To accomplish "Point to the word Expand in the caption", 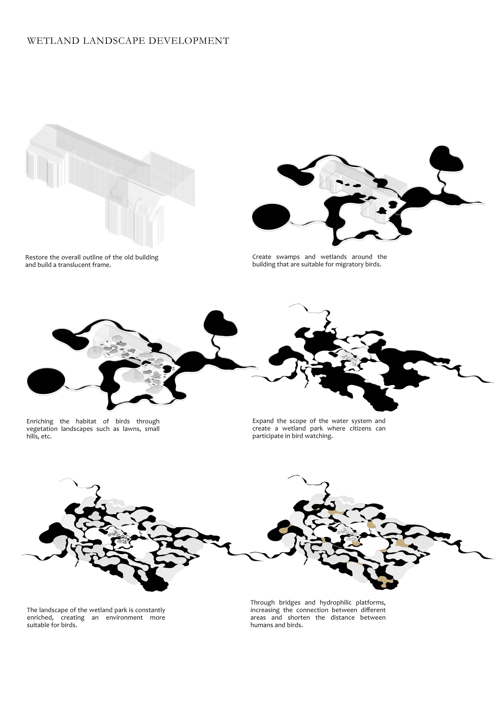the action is click(263, 421).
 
